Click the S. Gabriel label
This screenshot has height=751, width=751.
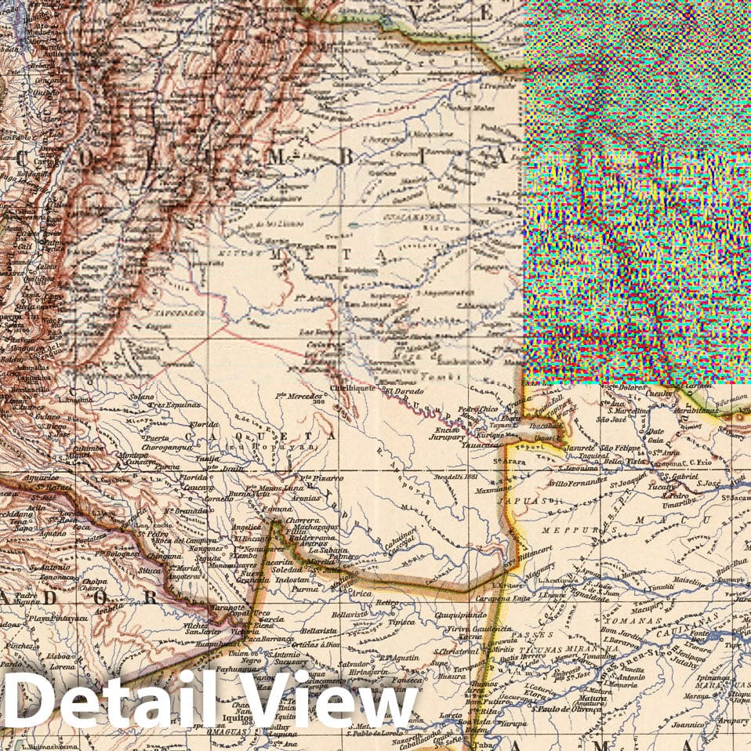click(679, 476)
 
